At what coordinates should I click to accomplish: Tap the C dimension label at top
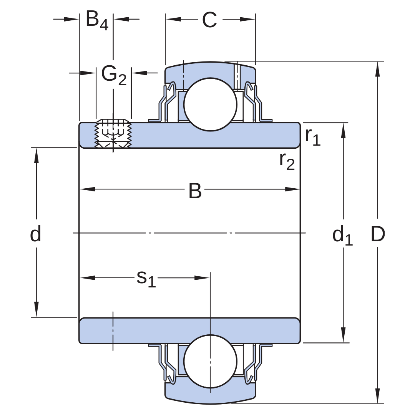(209, 20)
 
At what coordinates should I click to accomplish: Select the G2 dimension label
(114, 75)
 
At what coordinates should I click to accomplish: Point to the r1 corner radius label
(313, 136)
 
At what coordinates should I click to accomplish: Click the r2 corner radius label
(287, 161)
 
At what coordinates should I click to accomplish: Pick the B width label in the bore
(195, 191)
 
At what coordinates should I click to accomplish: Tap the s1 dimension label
(146, 279)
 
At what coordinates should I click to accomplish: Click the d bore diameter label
(35, 234)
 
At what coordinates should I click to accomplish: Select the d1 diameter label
(342, 235)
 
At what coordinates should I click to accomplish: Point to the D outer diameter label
(378, 234)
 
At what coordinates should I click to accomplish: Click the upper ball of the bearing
(211, 104)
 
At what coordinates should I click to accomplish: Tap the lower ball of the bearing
(211, 361)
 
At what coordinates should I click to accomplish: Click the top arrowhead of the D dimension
(378, 69)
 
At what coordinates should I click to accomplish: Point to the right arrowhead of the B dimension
(292, 189)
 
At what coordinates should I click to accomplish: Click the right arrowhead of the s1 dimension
(202, 278)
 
